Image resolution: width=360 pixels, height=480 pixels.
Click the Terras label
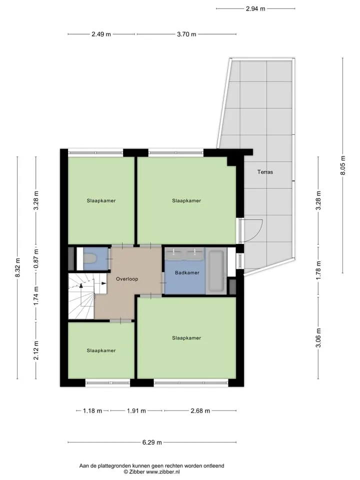pos(265,172)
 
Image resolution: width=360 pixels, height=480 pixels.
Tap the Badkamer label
pos(187,272)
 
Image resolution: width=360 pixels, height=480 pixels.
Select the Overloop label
pos(127,279)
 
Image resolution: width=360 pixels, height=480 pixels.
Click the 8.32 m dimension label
pos(18,267)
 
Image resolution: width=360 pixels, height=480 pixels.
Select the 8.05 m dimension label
pos(343,165)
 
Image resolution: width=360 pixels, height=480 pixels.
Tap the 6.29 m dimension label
pos(152,442)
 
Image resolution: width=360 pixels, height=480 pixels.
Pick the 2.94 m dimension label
pos(255,9)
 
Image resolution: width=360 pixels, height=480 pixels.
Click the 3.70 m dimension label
pos(186,34)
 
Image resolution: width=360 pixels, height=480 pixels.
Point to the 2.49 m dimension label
pos(101,34)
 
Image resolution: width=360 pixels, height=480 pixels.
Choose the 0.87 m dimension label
pos(36,259)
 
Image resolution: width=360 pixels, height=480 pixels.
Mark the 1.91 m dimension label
pos(136,411)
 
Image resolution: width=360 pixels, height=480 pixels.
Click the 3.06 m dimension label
pos(318,338)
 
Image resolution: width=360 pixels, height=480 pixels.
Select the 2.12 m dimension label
pos(36,350)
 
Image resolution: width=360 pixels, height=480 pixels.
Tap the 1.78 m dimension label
pos(318,269)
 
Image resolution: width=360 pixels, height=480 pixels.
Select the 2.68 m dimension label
pos(200,411)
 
